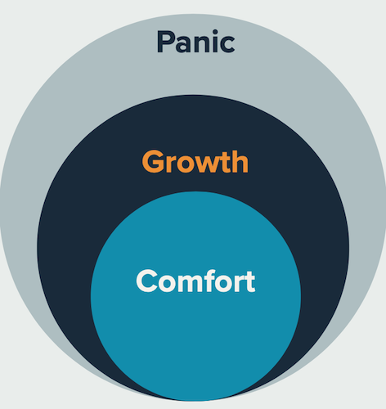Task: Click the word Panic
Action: click(x=195, y=41)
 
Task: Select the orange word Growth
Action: click(x=195, y=161)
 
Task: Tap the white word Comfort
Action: click(x=195, y=281)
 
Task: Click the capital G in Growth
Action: click(x=153, y=161)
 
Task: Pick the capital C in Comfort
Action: click(x=146, y=281)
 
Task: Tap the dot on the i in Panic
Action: click(x=215, y=33)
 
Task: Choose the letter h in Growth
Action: click(x=240, y=162)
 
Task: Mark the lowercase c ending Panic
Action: click(x=227, y=45)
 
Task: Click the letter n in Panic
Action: click(x=203, y=44)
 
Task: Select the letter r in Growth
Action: click(x=170, y=165)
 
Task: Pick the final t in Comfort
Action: click(x=249, y=282)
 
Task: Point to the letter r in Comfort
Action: click(x=239, y=284)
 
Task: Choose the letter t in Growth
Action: click(x=225, y=163)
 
